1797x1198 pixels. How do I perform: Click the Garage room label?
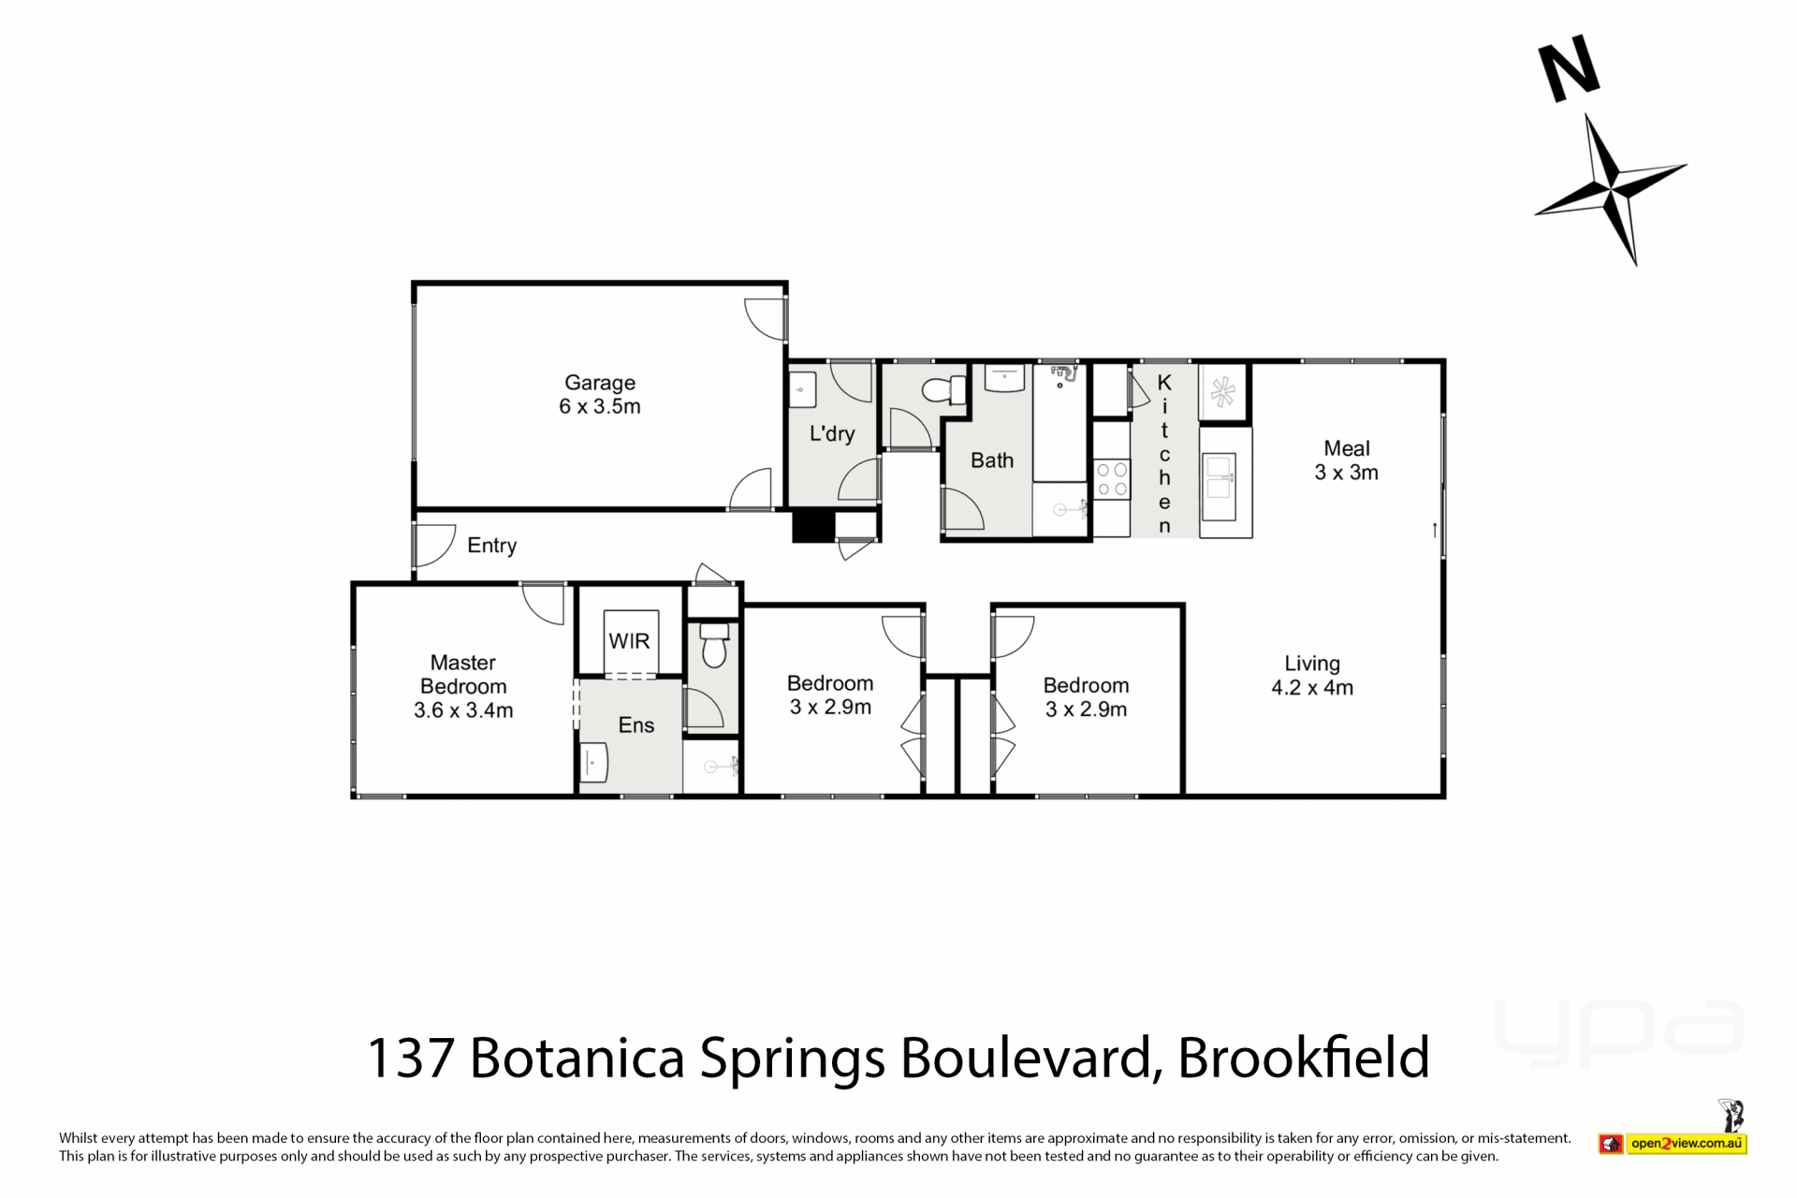(x=600, y=383)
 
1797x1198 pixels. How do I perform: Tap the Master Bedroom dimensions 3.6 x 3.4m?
(x=463, y=710)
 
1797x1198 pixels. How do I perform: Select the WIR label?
(x=629, y=641)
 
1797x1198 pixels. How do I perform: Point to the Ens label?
(x=636, y=725)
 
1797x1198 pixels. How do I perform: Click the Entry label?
(x=492, y=546)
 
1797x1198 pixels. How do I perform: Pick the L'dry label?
(x=832, y=433)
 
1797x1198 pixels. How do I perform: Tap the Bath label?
(x=992, y=460)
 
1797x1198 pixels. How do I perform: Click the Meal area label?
(x=1347, y=448)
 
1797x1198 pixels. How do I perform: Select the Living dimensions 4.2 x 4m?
(x=1312, y=688)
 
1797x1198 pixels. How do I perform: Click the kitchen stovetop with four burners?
(x=1112, y=479)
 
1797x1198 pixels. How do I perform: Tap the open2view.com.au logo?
(x=1673, y=1143)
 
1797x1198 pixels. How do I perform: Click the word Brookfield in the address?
(x=1304, y=1058)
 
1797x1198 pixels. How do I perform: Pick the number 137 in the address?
(x=411, y=1059)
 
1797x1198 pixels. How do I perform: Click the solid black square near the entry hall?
(x=813, y=526)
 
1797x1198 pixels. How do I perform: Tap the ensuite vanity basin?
(x=593, y=762)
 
